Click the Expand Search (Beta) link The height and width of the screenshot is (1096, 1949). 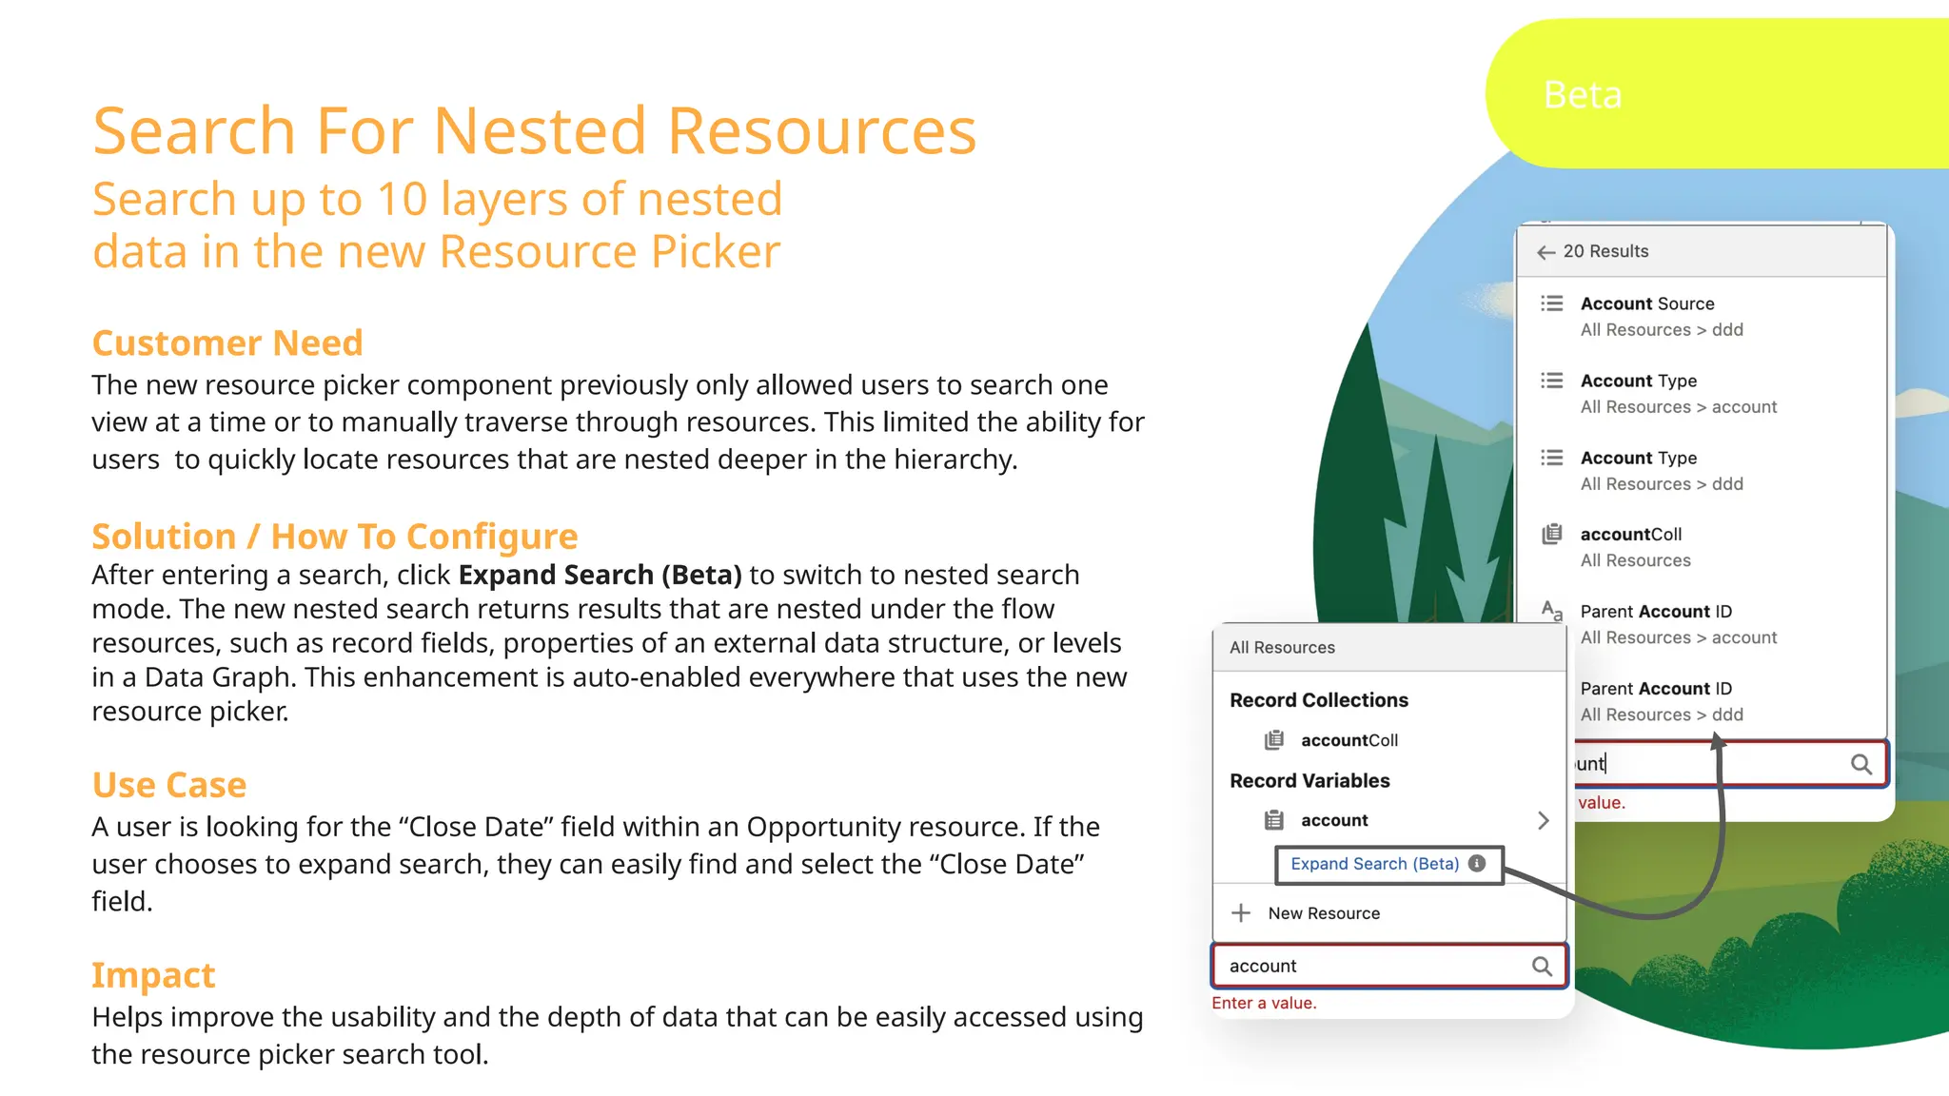point(1374,864)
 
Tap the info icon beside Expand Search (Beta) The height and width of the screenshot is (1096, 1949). point(1477,863)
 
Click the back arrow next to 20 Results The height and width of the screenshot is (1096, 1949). point(1545,252)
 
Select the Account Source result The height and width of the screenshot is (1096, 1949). point(1646,304)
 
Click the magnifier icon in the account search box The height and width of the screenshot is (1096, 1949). point(1542,967)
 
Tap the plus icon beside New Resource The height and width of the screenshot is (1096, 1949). point(1241,913)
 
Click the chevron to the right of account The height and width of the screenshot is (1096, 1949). point(1543,820)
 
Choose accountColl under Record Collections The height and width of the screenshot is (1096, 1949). point(1349,740)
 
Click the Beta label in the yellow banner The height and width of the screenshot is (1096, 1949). point(1582,95)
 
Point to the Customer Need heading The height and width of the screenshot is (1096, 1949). point(227,342)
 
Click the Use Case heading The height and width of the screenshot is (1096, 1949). point(169,785)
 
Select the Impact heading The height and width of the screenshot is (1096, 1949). point(153,975)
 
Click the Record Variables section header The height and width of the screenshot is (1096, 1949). point(1309,781)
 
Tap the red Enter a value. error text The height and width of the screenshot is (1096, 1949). point(1264,1003)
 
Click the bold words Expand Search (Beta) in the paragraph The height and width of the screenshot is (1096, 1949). point(600,575)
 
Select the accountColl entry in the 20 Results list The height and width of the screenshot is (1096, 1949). point(1630,535)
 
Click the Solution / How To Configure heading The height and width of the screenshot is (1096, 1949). point(335,537)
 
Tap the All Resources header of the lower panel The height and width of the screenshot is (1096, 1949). point(1282,648)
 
